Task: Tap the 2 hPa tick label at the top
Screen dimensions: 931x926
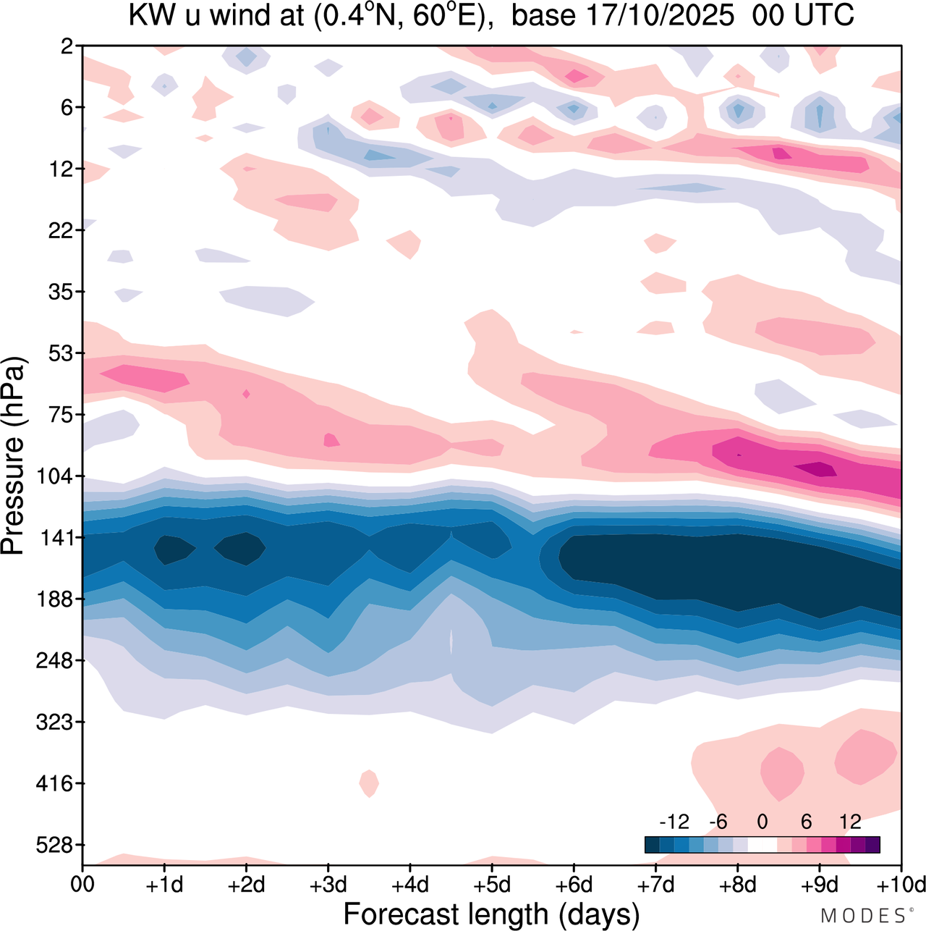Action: (x=67, y=46)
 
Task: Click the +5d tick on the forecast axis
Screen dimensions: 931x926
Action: (x=491, y=885)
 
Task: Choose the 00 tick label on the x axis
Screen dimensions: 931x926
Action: (x=82, y=885)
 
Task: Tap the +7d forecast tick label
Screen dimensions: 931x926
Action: (x=655, y=885)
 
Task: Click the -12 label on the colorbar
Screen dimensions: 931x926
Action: (x=674, y=822)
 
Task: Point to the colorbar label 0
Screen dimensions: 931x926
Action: (x=762, y=822)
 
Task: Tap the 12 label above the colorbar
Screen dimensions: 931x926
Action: (x=850, y=822)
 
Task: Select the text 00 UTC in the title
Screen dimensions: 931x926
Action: (x=803, y=16)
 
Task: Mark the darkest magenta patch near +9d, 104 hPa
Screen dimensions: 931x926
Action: (x=817, y=469)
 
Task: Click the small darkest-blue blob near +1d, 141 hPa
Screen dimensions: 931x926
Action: (x=174, y=549)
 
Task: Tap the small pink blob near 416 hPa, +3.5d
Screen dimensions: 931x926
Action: (x=369, y=783)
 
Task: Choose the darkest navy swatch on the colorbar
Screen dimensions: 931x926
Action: (x=652, y=845)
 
